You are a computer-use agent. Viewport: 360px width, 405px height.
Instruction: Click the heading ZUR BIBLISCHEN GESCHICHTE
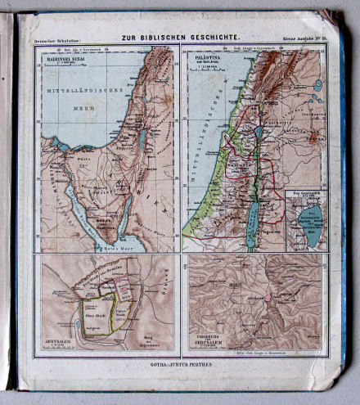pos(179,38)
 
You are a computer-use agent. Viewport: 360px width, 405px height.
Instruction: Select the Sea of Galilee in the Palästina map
pos(259,133)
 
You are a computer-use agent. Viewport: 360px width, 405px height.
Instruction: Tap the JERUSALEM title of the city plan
pos(56,341)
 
